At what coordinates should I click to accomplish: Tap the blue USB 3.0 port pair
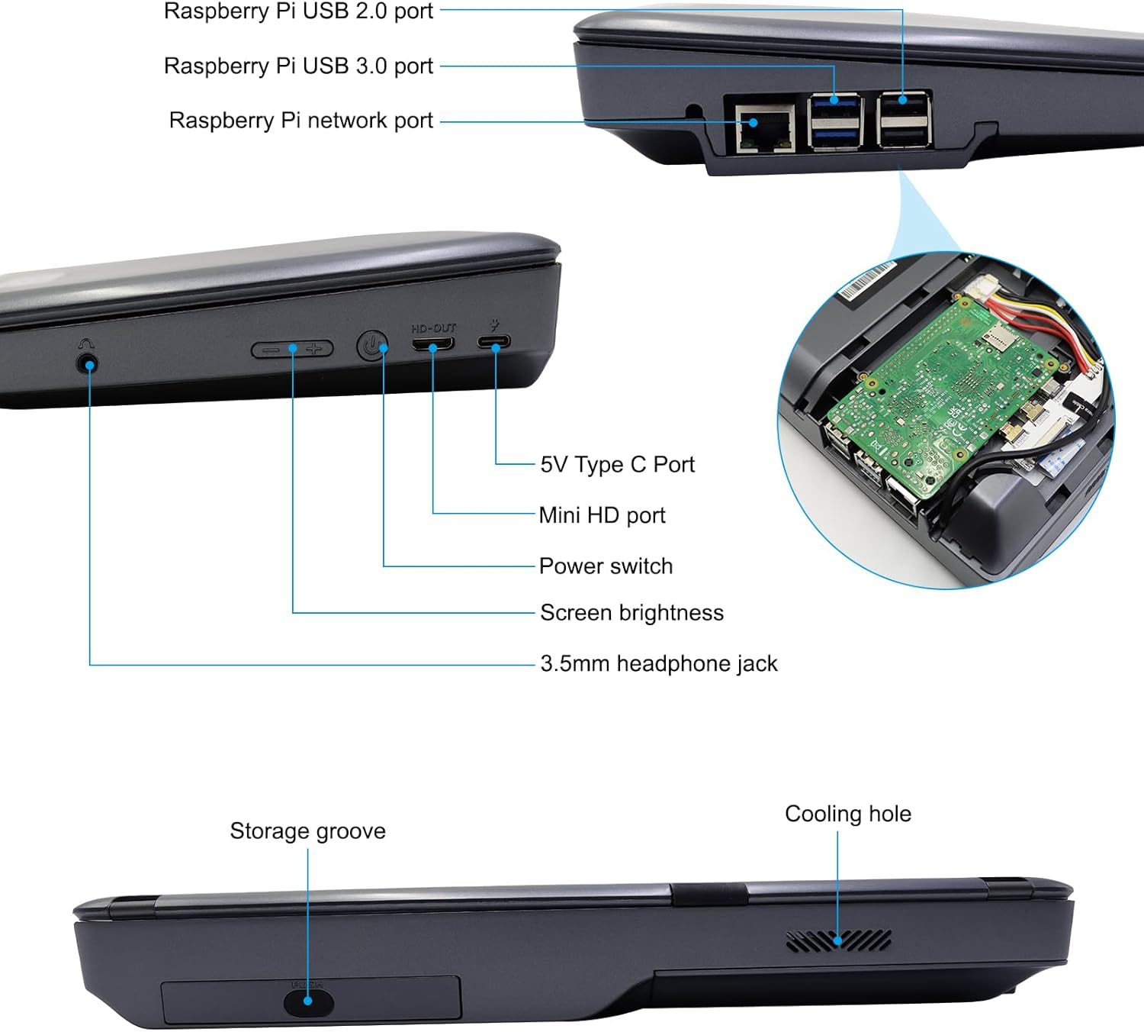[x=835, y=121]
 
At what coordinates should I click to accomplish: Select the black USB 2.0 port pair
[x=904, y=120]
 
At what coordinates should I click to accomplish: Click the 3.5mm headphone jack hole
[x=89, y=363]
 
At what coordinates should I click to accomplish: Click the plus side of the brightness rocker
[x=314, y=350]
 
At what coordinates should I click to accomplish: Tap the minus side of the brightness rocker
[x=269, y=350]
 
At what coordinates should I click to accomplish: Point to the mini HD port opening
[x=432, y=343]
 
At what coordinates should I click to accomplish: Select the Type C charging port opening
[x=495, y=342]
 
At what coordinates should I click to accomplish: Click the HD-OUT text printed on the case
[x=433, y=327]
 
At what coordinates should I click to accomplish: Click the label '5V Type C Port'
[x=617, y=464]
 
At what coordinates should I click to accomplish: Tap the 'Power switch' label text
[x=606, y=566]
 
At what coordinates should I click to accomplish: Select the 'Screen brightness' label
[x=631, y=613]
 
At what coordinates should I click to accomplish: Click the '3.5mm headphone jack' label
[x=658, y=663]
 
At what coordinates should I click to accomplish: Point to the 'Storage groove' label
[x=307, y=830]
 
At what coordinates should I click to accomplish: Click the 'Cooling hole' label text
[x=847, y=814]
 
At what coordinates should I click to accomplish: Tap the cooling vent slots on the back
[x=838, y=941]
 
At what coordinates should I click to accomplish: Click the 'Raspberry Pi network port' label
[x=300, y=121]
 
